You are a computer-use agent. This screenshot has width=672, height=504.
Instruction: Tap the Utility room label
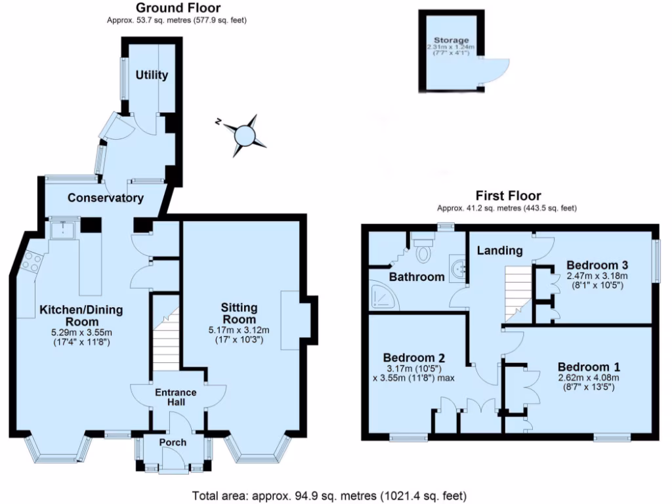152,75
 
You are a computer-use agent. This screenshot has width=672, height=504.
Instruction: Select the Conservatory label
106,198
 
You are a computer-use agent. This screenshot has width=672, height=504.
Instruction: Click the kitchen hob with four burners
31,262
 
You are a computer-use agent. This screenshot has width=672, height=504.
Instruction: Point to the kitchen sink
63,230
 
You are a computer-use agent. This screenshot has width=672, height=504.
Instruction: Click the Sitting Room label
239,314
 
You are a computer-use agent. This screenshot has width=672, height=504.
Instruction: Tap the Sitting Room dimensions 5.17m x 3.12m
239,331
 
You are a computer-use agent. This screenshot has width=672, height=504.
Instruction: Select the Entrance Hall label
176,398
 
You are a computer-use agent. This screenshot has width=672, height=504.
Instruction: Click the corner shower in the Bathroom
381,297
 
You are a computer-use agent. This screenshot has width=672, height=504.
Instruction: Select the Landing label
499,250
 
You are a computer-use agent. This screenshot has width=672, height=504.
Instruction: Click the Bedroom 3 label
598,265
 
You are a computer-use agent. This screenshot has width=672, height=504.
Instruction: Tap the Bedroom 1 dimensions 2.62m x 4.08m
589,378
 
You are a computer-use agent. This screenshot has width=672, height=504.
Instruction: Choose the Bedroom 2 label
414,358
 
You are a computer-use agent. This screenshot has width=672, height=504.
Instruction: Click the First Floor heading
508,196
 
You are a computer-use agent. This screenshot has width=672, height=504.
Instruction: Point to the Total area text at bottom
329,495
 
